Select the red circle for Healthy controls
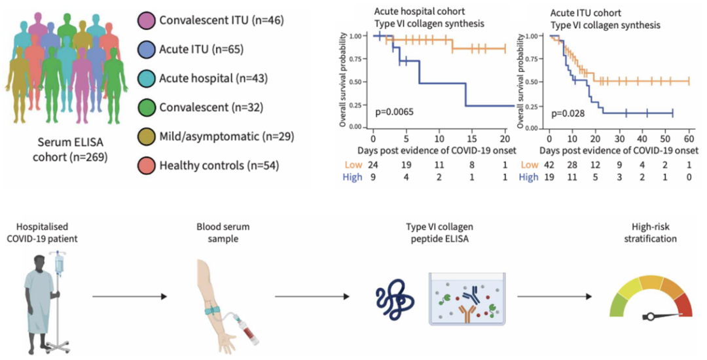[x=147, y=165]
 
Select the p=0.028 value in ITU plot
[x=568, y=113]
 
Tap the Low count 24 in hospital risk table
[x=372, y=164]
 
